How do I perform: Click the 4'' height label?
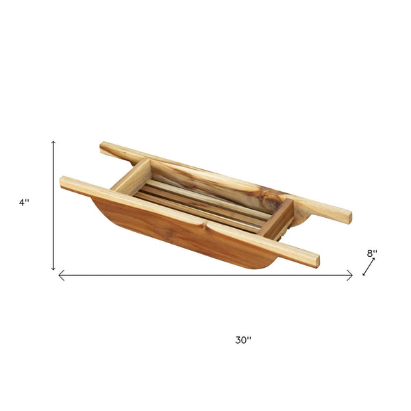pos(24,202)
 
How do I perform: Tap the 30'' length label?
pos(243,340)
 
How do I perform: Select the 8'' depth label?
pos(372,253)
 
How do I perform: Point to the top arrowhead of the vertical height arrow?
pos(53,142)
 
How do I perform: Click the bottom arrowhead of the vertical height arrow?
pos(53,268)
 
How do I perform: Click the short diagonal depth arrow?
pos(369,267)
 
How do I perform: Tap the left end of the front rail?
pos(62,182)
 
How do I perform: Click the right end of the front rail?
pos(317,261)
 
